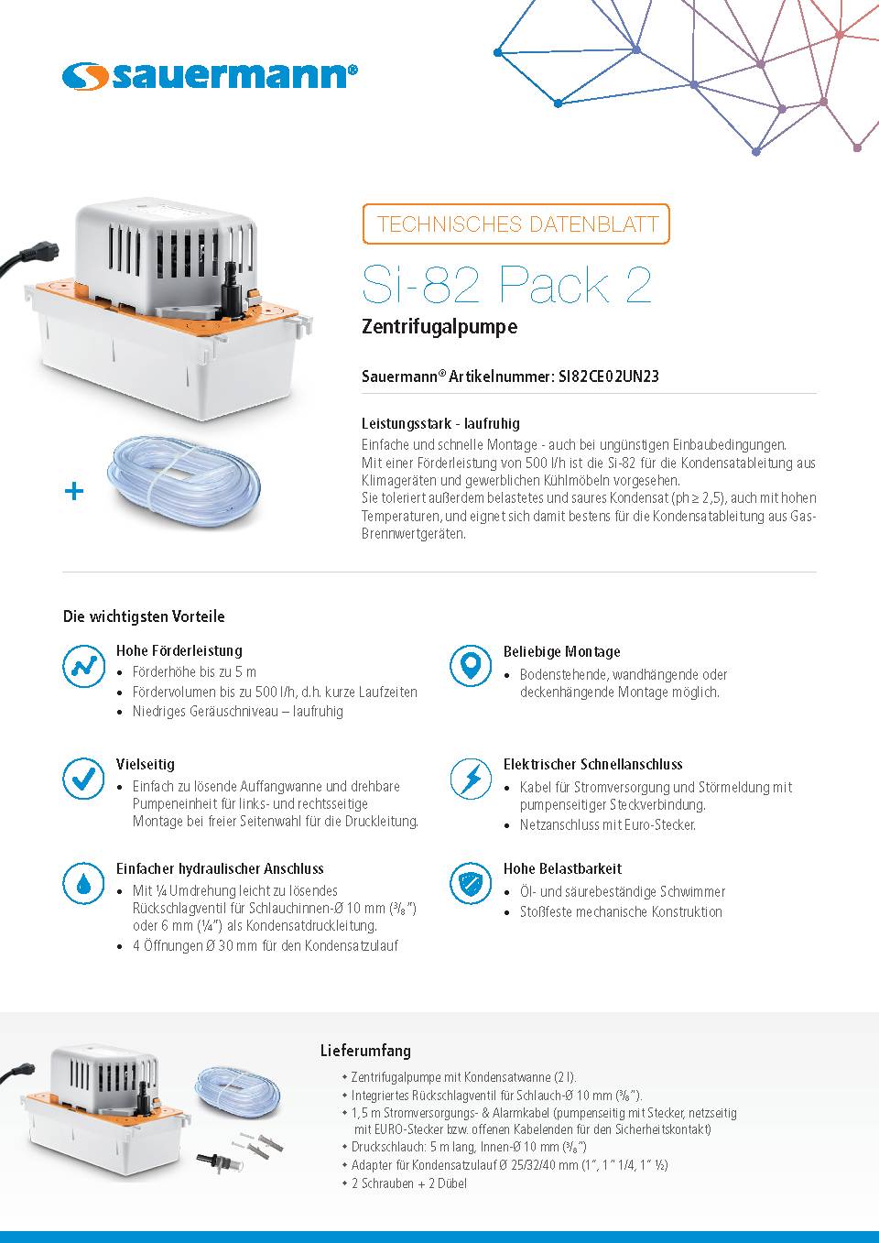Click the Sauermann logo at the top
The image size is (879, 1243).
(x=210, y=76)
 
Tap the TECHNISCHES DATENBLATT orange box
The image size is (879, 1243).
(x=516, y=224)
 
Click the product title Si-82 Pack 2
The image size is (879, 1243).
(x=506, y=284)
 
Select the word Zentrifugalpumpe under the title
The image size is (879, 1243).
(x=439, y=327)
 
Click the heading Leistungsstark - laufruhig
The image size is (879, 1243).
(x=440, y=423)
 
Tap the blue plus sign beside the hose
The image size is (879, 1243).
(x=74, y=491)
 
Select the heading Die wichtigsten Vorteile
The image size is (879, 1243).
(x=144, y=616)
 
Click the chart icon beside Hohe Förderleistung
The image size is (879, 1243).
(x=83, y=666)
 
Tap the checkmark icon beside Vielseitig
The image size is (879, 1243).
(x=83, y=779)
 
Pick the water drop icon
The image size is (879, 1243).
(x=83, y=883)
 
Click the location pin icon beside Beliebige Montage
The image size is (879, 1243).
(x=471, y=666)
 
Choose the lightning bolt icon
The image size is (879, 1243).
(x=471, y=779)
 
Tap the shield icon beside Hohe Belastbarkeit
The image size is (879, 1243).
(x=471, y=883)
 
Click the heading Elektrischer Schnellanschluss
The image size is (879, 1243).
(x=592, y=764)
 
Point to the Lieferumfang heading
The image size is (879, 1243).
(x=365, y=1051)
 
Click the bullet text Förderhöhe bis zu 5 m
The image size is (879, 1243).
(x=194, y=671)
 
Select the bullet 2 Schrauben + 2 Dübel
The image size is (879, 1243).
(x=408, y=1183)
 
